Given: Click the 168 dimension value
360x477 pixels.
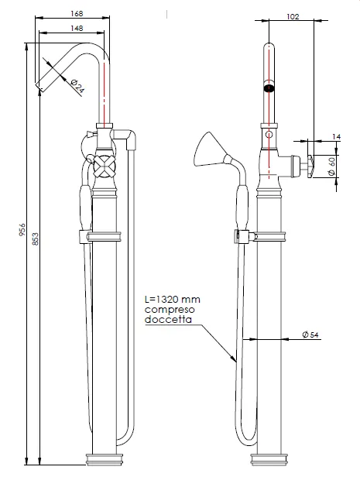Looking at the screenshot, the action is coord(77,14).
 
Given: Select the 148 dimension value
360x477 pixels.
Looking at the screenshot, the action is coord(77,29).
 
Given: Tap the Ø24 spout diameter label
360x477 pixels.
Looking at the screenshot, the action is coord(77,86).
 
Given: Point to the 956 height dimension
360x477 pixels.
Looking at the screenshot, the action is coord(22,230).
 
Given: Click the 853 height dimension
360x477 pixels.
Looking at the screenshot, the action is coord(36,239).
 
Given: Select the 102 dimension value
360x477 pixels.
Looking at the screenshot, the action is coord(293,16).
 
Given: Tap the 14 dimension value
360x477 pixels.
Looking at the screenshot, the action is coord(336,137).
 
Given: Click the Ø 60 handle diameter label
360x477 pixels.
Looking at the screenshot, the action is coord(331,165).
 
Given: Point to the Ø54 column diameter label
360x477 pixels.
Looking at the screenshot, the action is coord(310,335).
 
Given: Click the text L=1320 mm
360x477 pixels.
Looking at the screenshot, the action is coord(173,300).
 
